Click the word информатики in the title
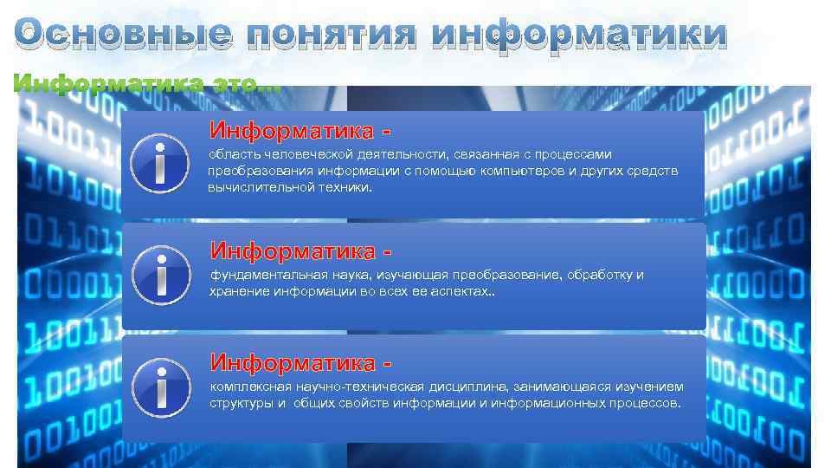[578, 36]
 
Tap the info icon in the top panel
[160, 162]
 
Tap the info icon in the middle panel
[160, 274]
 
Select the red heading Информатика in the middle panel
[293, 251]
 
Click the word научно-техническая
[347, 387]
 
